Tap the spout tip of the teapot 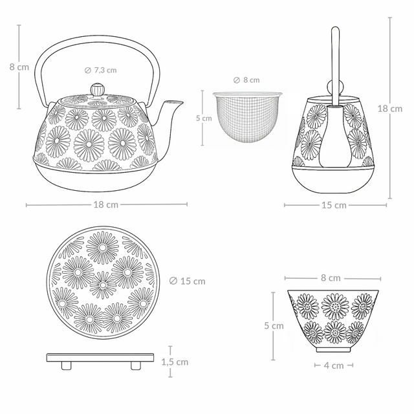pos(182,102)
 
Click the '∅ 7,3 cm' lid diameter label pos(101,71)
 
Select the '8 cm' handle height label pos(19,67)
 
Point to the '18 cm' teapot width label pos(106,204)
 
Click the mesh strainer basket pos(247,118)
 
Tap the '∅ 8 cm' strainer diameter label pos(246,80)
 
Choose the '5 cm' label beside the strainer pos(204,118)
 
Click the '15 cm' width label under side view pos(334,205)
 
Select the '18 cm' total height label pos(389,109)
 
